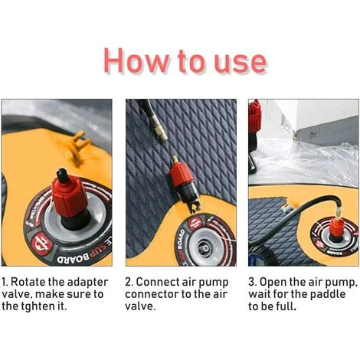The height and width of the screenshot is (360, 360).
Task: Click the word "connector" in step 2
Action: coord(152,294)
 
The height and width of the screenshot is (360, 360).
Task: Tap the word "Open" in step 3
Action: coord(273,283)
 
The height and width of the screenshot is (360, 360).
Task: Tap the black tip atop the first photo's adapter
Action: coord(62,175)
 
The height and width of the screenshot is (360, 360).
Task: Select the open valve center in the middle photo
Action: coord(205,247)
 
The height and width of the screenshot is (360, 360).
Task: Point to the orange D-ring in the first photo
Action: coord(79,144)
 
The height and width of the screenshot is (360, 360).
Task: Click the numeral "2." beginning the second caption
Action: coord(129,283)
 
